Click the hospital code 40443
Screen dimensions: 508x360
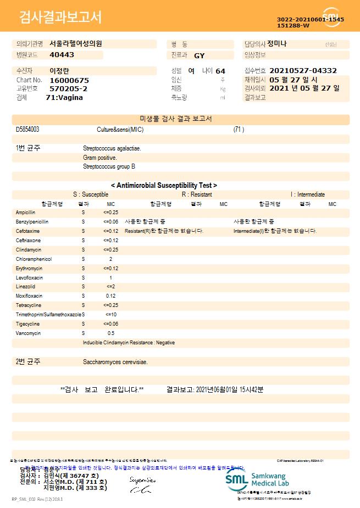[x=62, y=55]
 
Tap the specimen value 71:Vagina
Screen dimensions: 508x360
[x=64, y=97]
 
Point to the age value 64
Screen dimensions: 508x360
[x=220, y=71]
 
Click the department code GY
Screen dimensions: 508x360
[x=199, y=55]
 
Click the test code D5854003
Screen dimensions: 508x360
[x=27, y=130]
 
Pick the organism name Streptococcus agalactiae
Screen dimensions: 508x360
[x=112, y=148]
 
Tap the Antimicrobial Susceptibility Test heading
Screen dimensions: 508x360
[x=164, y=186]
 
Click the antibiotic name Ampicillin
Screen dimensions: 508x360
[x=26, y=212]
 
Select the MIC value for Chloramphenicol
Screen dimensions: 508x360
[x=110, y=259]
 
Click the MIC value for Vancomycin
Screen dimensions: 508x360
[x=110, y=333]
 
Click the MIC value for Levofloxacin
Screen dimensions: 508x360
[x=110, y=277]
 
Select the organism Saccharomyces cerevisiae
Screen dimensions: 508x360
[x=115, y=362]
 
